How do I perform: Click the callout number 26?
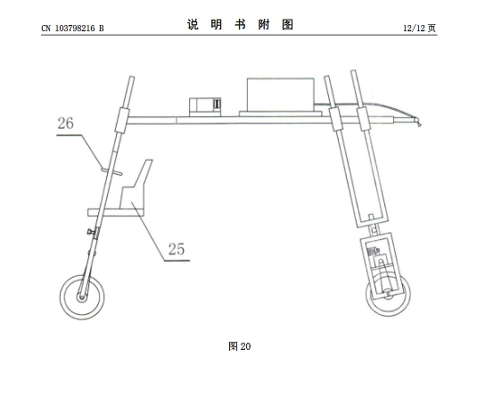(66, 123)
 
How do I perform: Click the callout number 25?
(177, 249)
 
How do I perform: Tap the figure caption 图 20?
(240, 346)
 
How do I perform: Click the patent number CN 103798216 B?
(72, 29)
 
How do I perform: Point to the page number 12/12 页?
(419, 29)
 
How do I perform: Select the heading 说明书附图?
(240, 24)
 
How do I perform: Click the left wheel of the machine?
(82, 296)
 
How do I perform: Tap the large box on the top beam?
(281, 95)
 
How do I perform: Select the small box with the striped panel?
(205, 106)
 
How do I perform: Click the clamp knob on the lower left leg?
(90, 231)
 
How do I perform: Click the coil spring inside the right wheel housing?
(374, 252)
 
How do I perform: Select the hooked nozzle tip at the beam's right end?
(417, 122)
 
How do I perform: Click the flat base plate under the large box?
(280, 113)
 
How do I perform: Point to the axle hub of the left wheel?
(81, 297)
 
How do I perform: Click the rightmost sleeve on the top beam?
(364, 119)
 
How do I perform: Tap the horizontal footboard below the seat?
(116, 212)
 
